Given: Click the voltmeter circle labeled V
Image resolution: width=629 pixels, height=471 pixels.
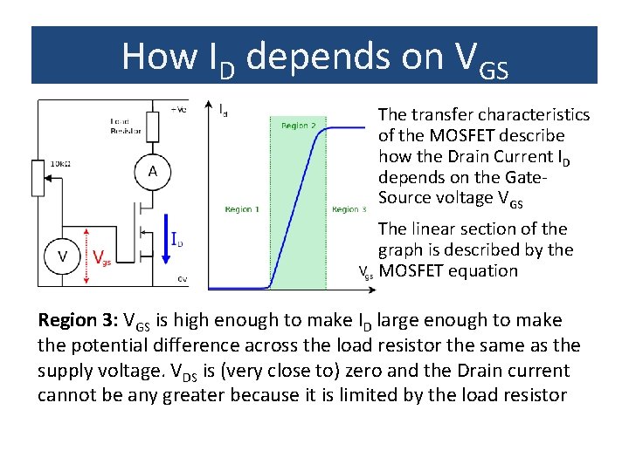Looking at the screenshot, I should [x=63, y=256].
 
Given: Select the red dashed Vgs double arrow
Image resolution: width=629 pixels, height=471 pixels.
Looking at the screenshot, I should [x=86, y=256].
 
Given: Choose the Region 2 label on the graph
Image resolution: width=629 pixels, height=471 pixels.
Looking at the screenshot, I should [x=298, y=126].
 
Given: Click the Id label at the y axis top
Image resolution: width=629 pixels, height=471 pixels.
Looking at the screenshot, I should [x=224, y=110].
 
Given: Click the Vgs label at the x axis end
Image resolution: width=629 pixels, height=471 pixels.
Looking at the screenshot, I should [x=367, y=273].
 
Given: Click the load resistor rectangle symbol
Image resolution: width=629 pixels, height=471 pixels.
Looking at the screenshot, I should [x=152, y=127].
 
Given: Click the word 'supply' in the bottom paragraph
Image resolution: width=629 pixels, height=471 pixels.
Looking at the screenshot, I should [x=66, y=371].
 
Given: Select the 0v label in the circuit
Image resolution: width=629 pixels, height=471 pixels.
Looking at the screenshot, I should [x=182, y=279].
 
